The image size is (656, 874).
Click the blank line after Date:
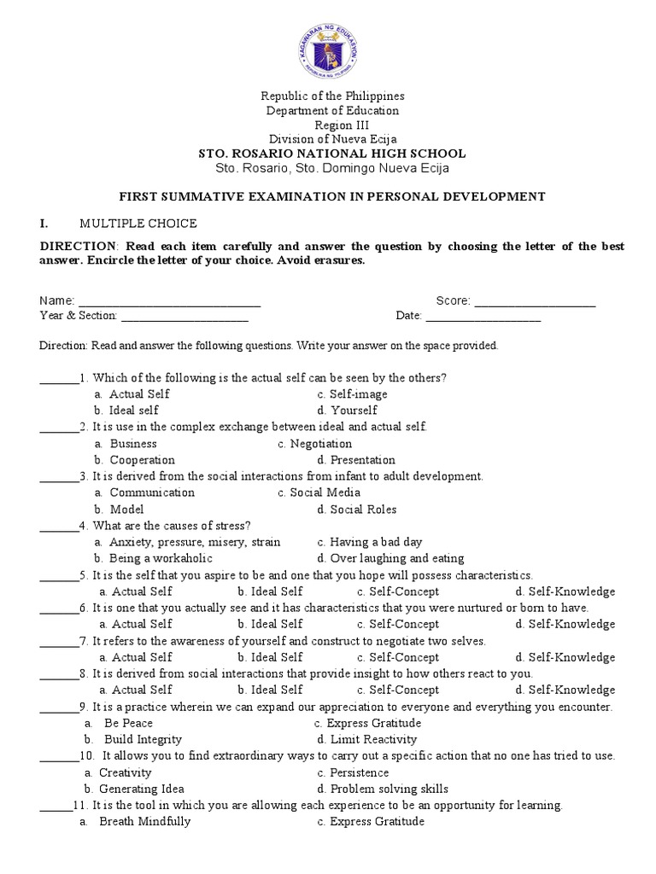click(x=483, y=318)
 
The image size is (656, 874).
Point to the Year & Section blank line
click(x=184, y=318)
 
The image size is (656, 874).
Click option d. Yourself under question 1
click(x=347, y=411)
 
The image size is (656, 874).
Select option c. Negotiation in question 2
click(x=314, y=444)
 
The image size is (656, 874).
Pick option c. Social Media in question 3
click(x=319, y=492)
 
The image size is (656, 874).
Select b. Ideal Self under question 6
click(x=270, y=624)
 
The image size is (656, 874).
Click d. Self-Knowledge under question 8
click(x=565, y=690)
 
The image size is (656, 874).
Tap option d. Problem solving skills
click(x=382, y=789)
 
